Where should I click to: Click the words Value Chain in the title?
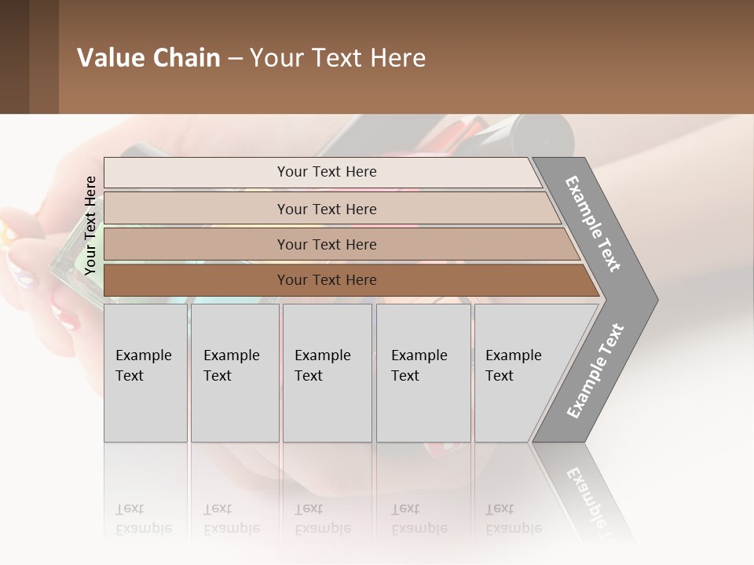(x=148, y=58)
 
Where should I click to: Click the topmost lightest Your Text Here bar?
(x=326, y=172)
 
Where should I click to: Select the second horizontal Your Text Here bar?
(x=326, y=209)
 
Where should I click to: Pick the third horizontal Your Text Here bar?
(x=326, y=244)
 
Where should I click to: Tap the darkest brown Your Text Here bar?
(x=326, y=280)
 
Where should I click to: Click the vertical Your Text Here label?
(x=90, y=225)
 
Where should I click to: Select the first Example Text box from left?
(x=145, y=373)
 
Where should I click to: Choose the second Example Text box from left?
(x=234, y=373)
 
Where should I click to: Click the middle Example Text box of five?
(x=327, y=373)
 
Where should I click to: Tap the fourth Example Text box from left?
(x=423, y=373)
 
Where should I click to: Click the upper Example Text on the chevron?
(x=593, y=224)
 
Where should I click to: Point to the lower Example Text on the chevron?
(x=595, y=370)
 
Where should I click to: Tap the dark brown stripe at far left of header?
(x=14, y=56)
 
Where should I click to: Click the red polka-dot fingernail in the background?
(x=68, y=318)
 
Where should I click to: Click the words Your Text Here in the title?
(x=338, y=58)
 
